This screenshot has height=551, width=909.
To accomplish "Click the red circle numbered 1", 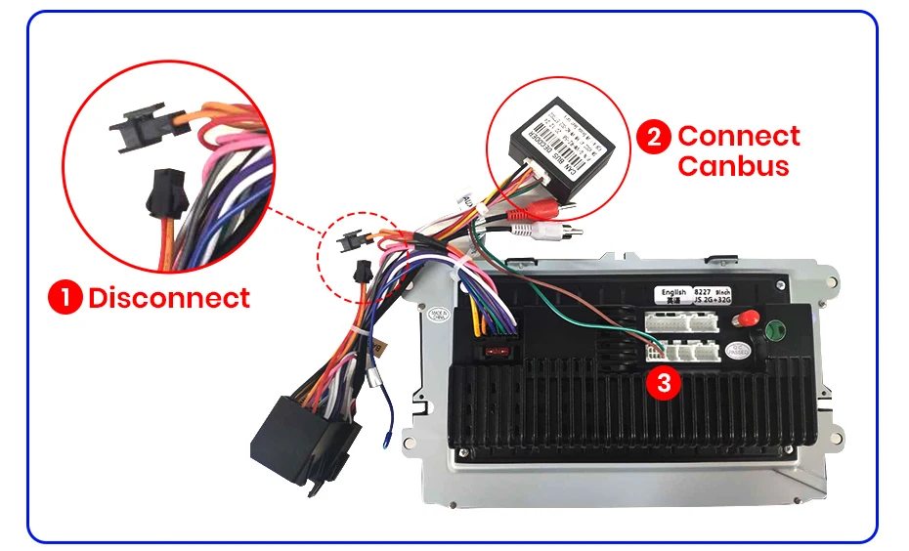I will (65, 297).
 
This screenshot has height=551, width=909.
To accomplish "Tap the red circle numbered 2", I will (653, 138).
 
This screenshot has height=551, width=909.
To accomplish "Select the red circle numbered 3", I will (665, 383).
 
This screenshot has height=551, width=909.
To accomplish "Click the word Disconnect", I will (169, 297).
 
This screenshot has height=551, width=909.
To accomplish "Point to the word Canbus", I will (733, 165).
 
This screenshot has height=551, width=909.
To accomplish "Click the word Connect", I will (739, 136).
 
